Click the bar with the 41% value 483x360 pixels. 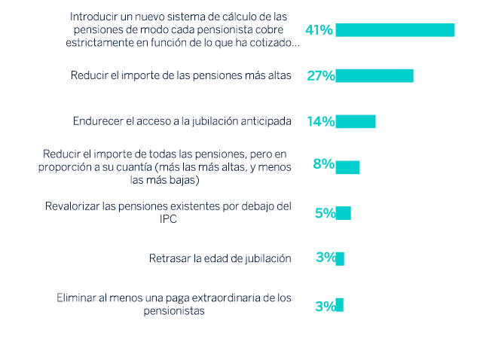tap(395, 30)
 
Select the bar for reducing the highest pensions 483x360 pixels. tap(374, 75)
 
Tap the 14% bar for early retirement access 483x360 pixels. tap(355, 121)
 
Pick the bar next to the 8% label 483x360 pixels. tap(347, 167)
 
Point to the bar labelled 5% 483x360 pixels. tap(343, 213)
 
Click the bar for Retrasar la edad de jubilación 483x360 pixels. tap(340, 258)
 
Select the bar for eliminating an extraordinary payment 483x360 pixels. tap(339, 305)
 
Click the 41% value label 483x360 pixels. tap(319, 30)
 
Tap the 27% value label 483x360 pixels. tap(320, 76)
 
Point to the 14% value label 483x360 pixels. tap(320, 122)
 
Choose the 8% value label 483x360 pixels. tap(323, 164)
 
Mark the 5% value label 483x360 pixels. tap(325, 213)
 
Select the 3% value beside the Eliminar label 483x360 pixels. tap(325, 306)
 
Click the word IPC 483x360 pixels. tap(169, 218)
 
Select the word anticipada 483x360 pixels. tap(264, 121)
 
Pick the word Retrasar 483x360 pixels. tap(170, 258)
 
